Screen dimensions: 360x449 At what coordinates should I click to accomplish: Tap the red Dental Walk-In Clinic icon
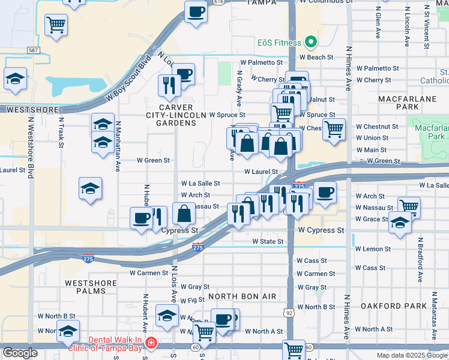click(x=152, y=344)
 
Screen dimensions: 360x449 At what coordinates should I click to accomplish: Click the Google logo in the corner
click(x=19, y=353)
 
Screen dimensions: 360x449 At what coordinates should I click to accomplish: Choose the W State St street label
click(x=268, y=241)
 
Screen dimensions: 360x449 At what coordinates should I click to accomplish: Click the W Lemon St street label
click(x=373, y=248)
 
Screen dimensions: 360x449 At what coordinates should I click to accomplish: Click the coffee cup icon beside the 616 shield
click(x=196, y=12)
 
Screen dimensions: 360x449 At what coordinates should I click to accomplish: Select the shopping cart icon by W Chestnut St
click(x=334, y=128)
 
